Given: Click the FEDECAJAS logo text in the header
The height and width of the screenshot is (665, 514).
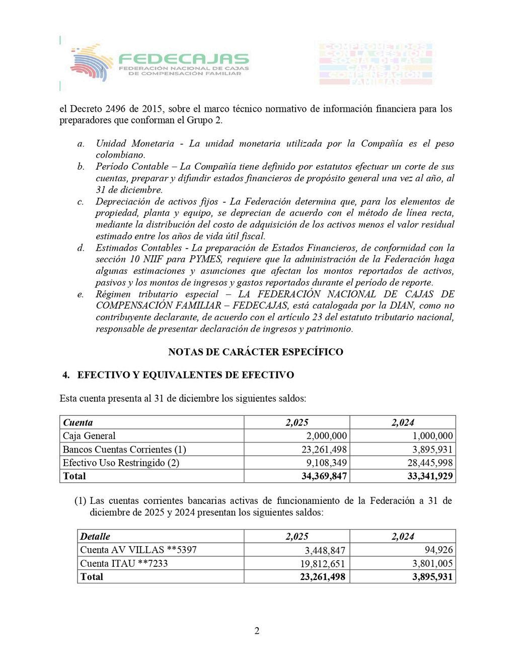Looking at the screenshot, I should coord(184,59).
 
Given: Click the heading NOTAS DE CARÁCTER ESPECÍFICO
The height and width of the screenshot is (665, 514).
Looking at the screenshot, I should coord(256,352).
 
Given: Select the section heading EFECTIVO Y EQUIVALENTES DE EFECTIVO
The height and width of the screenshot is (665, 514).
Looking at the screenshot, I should coord(185,375).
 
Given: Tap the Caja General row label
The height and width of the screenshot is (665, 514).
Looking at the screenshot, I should coord(89,436).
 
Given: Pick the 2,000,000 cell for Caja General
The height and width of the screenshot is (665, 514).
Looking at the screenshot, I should coord(326,436).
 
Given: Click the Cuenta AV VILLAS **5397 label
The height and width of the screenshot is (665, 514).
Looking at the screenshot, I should coord(138,550).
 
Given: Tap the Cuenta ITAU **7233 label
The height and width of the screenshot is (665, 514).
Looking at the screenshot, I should coord(124,563).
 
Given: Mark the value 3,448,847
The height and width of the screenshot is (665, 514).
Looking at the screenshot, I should coord(325,550).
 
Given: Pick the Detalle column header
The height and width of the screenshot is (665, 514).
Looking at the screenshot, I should coord(95,537).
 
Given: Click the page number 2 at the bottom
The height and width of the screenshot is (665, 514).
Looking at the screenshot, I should coord(257,631).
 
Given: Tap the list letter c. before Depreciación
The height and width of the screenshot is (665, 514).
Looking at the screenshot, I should coord(81,202).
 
